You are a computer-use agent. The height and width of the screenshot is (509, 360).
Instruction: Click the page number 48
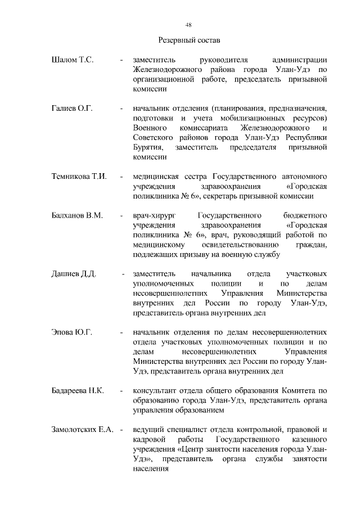coord(189,24)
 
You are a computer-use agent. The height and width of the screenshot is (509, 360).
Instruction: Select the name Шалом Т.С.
coord(72,60)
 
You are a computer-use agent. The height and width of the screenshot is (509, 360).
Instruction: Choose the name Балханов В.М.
coord(77,216)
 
